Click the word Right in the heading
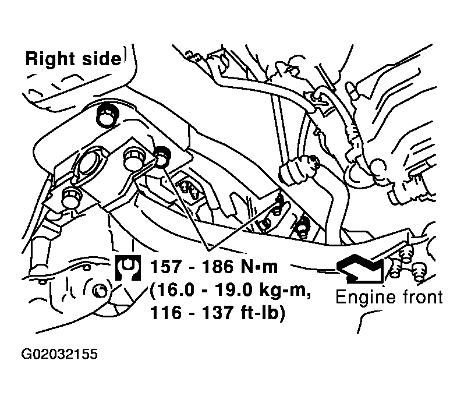(51, 59)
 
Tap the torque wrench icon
(128, 268)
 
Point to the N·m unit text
(260, 267)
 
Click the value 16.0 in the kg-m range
(171, 290)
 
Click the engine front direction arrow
(360, 267)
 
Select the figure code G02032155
(59, 354)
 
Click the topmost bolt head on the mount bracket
(108, 116)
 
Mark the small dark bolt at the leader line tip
(162, 155)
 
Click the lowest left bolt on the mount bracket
(71, 197)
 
